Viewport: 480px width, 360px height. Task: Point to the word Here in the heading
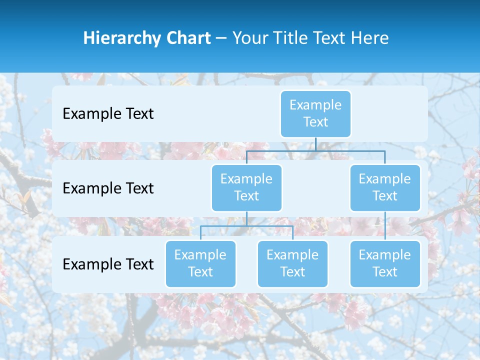(x=369, y=38)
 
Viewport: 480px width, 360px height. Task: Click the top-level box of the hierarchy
(x=315, y=113)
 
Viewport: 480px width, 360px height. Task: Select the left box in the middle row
(x=246, y=187)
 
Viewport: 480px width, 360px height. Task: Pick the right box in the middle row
(x=385, y=187)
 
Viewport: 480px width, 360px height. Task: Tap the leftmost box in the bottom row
(x=200, y=263)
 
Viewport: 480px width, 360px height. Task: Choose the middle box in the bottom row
(x=292, y=263)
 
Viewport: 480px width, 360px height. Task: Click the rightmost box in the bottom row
(x=385, y=263)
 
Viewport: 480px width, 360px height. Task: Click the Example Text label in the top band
(x=108, y=114)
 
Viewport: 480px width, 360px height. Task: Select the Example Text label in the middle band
(x=108, y=188)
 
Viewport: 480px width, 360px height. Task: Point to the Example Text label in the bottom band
(x=108, y=264)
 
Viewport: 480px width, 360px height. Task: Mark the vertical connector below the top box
(x=315, y=144)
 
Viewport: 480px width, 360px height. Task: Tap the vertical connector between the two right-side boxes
(x=385, y=225)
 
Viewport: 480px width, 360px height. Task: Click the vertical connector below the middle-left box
(x=246, y=218)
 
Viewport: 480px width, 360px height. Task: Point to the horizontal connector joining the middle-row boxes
(x=315, y=150)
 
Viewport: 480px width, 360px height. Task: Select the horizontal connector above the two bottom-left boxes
(x=246, y=226)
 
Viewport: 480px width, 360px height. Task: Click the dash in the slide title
(x=221, y=38)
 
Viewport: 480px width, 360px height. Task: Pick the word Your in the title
(x=248, y=38)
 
